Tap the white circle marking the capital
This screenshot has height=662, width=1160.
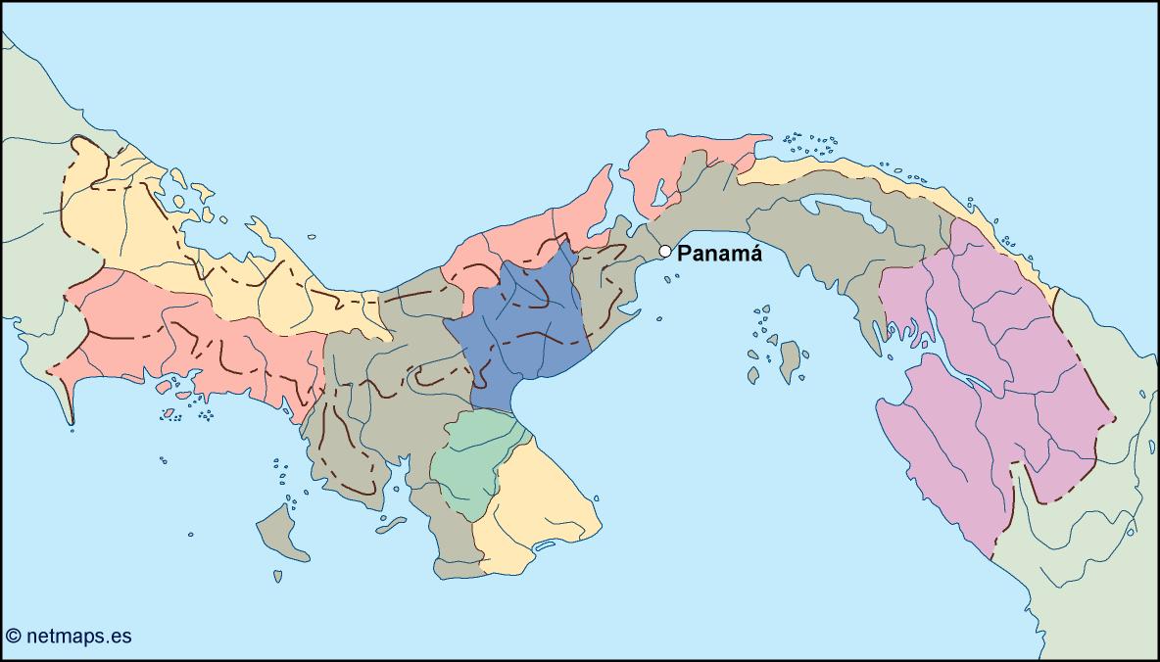coord(665,252)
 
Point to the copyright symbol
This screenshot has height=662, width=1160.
coord(14,637)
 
